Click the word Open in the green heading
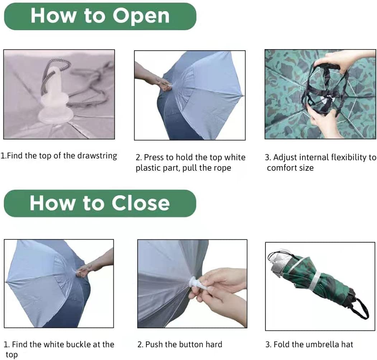point(141,16)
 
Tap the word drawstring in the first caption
point(97,156)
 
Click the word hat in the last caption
point(346,344)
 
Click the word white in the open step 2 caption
point(235,157)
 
